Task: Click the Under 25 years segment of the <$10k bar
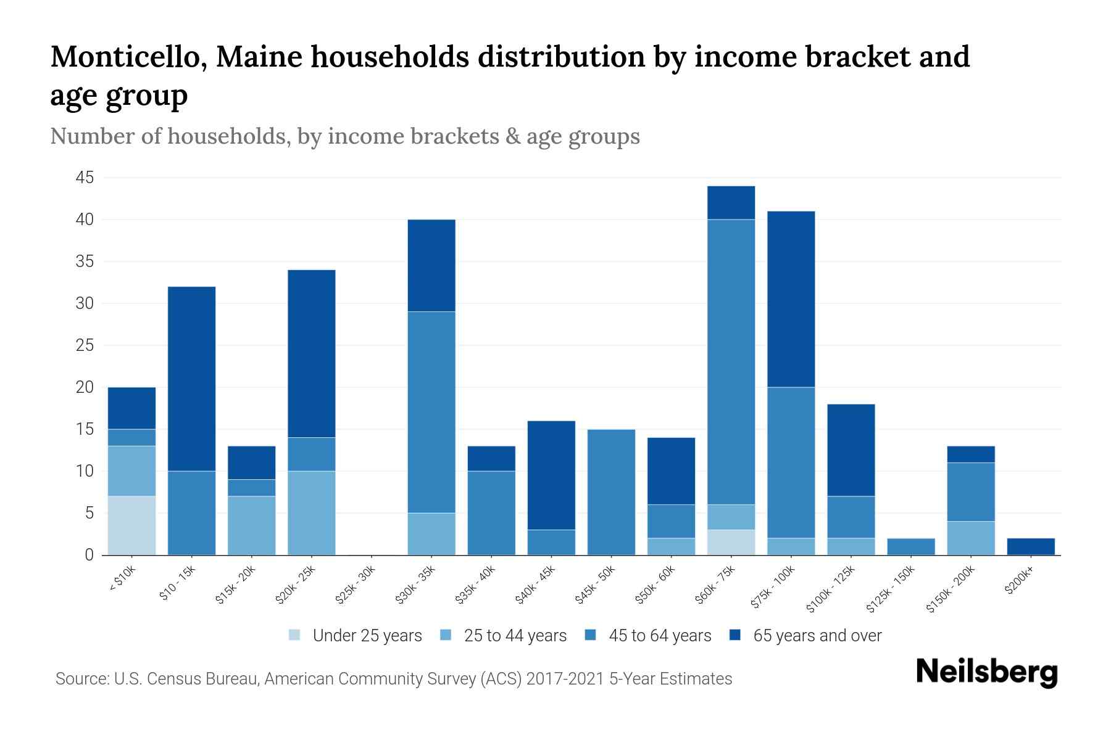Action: (x=131, y=525)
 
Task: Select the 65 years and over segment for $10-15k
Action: (x=191, y=379)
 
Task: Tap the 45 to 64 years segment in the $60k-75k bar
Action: (x=731, y=362)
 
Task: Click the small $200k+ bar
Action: (x=1031, y=546)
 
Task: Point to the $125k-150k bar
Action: (x=910, y=546)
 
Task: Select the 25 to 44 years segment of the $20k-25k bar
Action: (x=311, y=513)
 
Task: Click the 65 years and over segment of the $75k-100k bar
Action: (x=791, y=299)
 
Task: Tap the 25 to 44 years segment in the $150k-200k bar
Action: (x=971, y=538)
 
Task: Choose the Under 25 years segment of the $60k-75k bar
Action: (x=731, y=542)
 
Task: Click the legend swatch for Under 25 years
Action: (x=295, y=635)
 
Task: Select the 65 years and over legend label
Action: (x=817, y=636)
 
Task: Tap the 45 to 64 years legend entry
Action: (x=659, y=636)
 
